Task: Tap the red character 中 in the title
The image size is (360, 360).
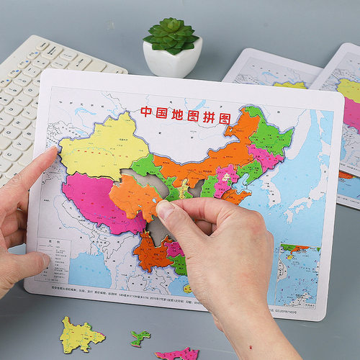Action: click(145, 112)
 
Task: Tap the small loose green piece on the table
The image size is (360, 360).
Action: click(140, 337)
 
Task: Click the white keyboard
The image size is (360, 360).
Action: click(43, 86)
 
